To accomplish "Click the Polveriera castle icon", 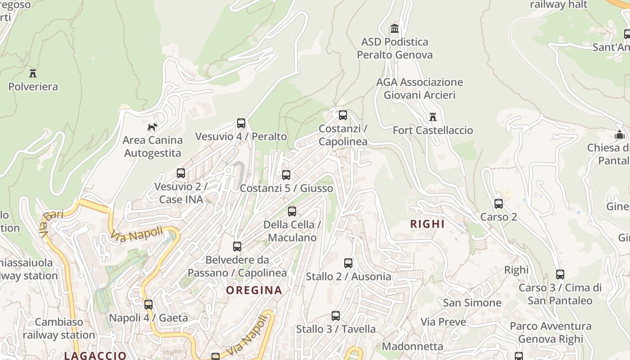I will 33,73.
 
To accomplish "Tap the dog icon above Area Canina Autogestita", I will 153,127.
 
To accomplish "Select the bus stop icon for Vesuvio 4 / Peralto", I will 241,123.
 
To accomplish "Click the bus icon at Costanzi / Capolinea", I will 343,115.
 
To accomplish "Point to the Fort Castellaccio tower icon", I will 433,117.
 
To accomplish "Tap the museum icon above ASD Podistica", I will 395,29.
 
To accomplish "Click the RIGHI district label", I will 427,224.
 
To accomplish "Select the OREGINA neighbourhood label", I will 254,290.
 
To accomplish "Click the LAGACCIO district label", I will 95,355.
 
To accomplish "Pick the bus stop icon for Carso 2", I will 499,204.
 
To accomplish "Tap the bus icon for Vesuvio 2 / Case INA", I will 181,173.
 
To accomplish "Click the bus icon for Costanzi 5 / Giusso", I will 286,175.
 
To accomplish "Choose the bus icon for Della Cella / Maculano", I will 292,211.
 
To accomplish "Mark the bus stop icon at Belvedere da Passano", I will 237,247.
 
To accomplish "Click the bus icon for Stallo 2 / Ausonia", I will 348,263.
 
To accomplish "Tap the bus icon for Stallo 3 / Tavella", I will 336,316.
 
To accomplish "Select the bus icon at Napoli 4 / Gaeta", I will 148,305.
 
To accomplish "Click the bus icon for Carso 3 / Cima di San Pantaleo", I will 560,274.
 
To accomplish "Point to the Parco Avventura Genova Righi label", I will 550,333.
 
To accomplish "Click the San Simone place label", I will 472,302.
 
